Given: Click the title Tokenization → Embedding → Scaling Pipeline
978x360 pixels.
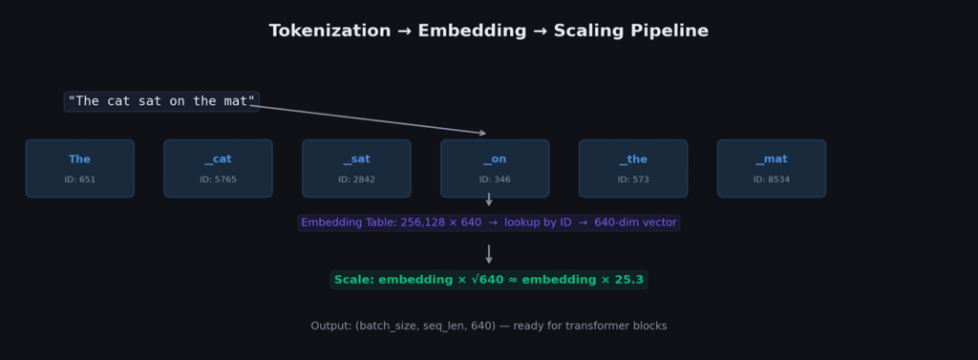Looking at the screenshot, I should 488,32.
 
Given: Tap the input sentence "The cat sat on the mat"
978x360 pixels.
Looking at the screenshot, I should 161,101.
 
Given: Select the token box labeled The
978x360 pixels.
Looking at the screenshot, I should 79,168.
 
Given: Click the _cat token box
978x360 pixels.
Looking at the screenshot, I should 218,168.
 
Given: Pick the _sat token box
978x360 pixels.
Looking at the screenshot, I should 356,168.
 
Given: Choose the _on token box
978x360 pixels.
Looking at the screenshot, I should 495,168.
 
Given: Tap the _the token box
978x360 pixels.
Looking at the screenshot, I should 633,168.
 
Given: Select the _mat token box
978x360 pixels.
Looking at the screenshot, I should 772,168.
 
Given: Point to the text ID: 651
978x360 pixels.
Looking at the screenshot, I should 79,180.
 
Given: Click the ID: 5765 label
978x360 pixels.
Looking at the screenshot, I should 218,180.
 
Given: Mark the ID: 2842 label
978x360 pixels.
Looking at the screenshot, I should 356,180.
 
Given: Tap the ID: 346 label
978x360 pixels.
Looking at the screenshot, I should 495,180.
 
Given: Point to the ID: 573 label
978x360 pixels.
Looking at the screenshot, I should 633,180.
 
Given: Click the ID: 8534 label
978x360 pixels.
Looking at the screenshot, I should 772,180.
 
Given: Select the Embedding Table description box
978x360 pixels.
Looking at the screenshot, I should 488,222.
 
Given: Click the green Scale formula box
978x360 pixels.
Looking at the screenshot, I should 488,280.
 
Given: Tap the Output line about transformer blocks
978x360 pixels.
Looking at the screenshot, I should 488,326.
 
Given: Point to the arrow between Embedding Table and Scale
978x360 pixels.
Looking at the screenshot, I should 489,253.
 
